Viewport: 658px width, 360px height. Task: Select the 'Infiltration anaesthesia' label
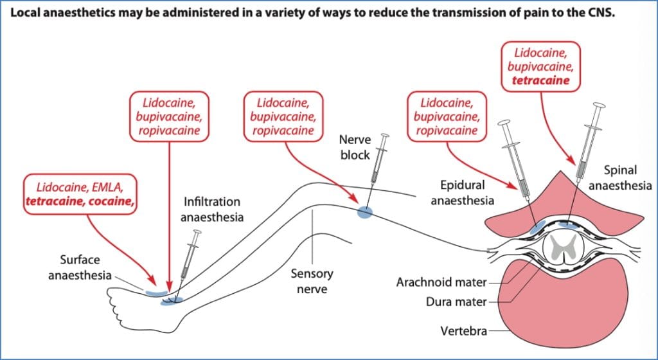[212, 210]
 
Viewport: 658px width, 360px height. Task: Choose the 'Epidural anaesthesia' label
[462, 192]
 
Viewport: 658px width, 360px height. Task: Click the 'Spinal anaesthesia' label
[621, 178]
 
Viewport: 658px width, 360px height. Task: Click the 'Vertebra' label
[463, 332]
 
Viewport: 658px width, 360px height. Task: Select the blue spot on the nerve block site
[364, 212]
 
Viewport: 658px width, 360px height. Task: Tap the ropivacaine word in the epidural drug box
[447, 130]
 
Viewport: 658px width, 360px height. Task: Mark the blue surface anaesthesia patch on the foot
[155, 292]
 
